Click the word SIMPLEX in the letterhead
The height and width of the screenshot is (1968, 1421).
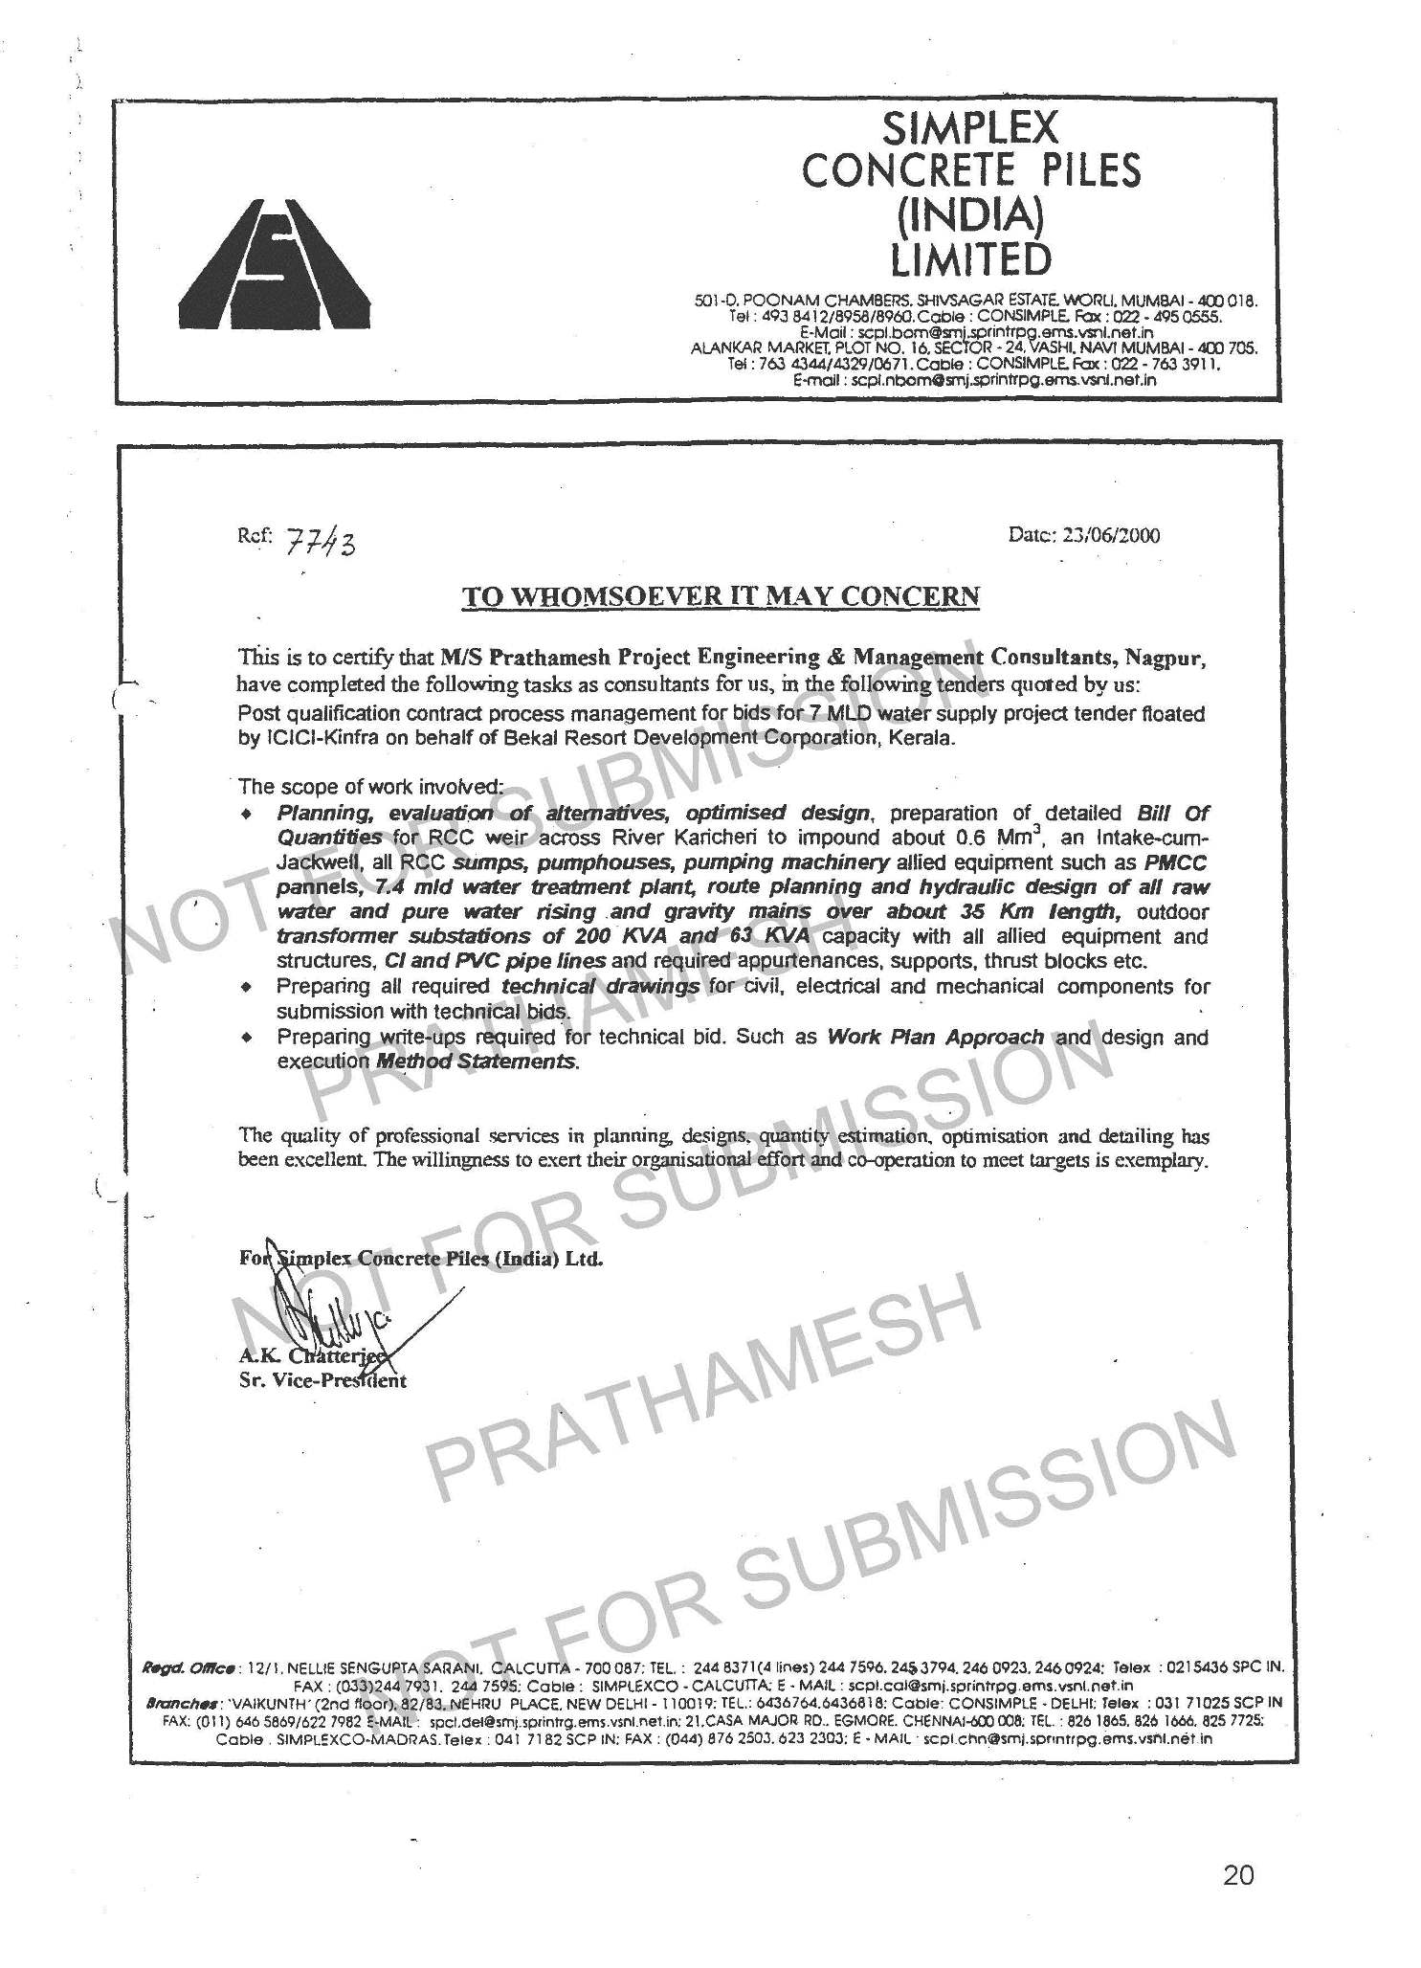coord(970,127)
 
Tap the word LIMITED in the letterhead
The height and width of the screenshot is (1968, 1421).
coord(970,258)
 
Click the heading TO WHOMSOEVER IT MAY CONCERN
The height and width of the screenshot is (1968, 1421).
coord(721,596)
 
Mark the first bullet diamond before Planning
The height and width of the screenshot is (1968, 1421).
coord(248,815)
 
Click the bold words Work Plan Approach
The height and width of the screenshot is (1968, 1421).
coord(935,1037)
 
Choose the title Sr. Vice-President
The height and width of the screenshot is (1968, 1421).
coord(322,1380)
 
